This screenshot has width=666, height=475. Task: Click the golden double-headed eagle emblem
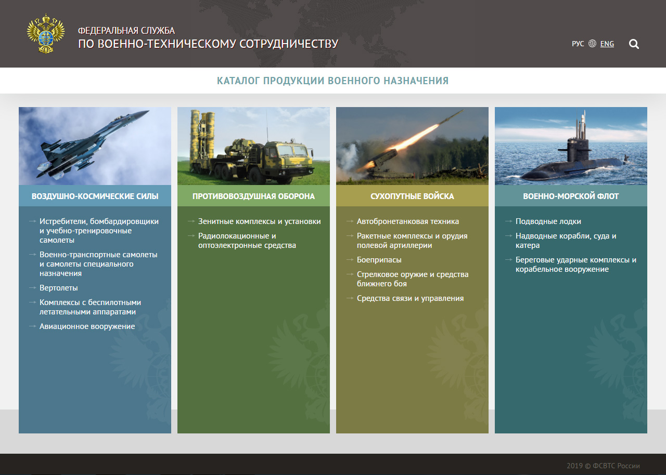[45, 33]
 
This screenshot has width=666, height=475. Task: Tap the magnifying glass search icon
[634, 44]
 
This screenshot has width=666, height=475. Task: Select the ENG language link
[607, 44]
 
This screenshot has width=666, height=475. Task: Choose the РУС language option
[578, 44]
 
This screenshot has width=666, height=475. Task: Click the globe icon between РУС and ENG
[592, 44]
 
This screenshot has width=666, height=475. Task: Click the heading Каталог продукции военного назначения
[332, 81]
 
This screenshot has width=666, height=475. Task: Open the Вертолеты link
[59, 288]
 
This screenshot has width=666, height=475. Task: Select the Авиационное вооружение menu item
[87, 326]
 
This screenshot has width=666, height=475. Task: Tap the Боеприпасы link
[379, 260]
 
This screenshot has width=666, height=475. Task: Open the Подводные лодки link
[548, 221]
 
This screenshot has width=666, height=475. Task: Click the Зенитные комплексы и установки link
[259, 221]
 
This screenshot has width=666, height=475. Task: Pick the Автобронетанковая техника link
[407, 221]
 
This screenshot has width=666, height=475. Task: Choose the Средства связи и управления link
[411, 298]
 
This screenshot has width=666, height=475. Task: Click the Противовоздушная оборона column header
[253, 196]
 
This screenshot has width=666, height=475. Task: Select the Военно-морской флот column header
[571, 196]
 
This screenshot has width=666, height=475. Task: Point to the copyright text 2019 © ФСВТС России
[603, 466]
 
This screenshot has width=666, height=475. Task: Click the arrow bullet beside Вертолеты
[32, 288]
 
